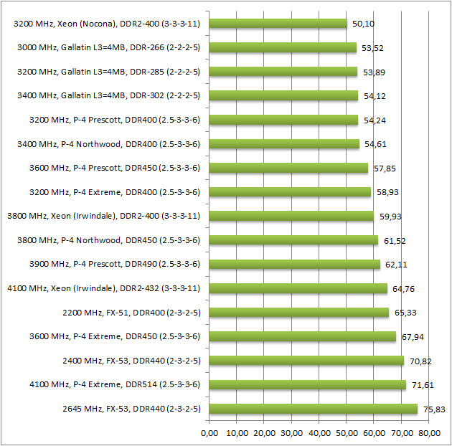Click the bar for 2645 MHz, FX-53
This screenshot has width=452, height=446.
point(313,409)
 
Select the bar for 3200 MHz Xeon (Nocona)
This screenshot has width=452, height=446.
point(278,24)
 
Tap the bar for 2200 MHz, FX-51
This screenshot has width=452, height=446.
point(298,313)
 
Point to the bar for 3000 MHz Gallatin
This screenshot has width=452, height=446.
point(283,47)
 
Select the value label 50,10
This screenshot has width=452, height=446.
point(361,24)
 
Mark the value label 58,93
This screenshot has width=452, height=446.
point(385,192)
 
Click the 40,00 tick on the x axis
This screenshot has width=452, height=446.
point(319,433)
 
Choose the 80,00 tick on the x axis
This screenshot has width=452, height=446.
point(428,433)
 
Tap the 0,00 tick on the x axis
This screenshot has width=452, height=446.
point(209,433)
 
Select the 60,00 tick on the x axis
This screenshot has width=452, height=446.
point(374,433)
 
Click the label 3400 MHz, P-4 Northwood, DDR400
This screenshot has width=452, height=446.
point(108,144)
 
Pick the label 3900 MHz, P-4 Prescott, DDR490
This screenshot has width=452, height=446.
point(108,265)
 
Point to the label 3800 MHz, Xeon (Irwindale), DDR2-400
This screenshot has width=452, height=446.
point(103,216)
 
